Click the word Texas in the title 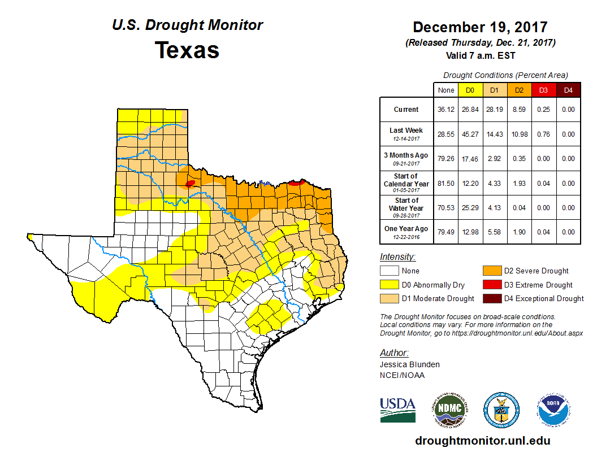pyautogui.click(x=187, y=50)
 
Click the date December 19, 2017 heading pyautogui.click(x=480, y=27)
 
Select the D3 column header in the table pyautogui.click(x=543, y=90)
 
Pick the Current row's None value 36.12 pyautogui.click(x=445, y=110)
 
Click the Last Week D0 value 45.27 pyautogui.click(x=470, y=134)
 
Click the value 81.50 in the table pyautogui.click(x=445, y=184)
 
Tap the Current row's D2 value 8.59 pyautogui.click(x=518, y=110)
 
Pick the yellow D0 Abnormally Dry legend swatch pyautogui.click(x=390, y=285)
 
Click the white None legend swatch pyautogui.click(x=390, y=271)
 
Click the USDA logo pyautogui.click(x=397, y=410)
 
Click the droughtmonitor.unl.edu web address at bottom pyautogui.click(x=482, y=441)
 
